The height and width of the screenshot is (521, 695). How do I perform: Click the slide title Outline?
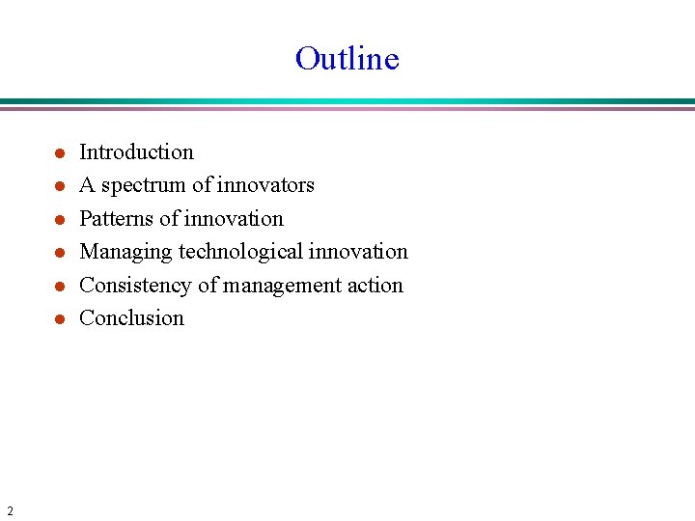pos(347,59)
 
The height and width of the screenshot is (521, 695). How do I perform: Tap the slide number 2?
pos(10,510)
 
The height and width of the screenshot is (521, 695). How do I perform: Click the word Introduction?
pos(136,151)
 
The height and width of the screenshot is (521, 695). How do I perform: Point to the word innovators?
pos(266,184)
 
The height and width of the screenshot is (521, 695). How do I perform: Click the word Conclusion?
pos(131,318)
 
